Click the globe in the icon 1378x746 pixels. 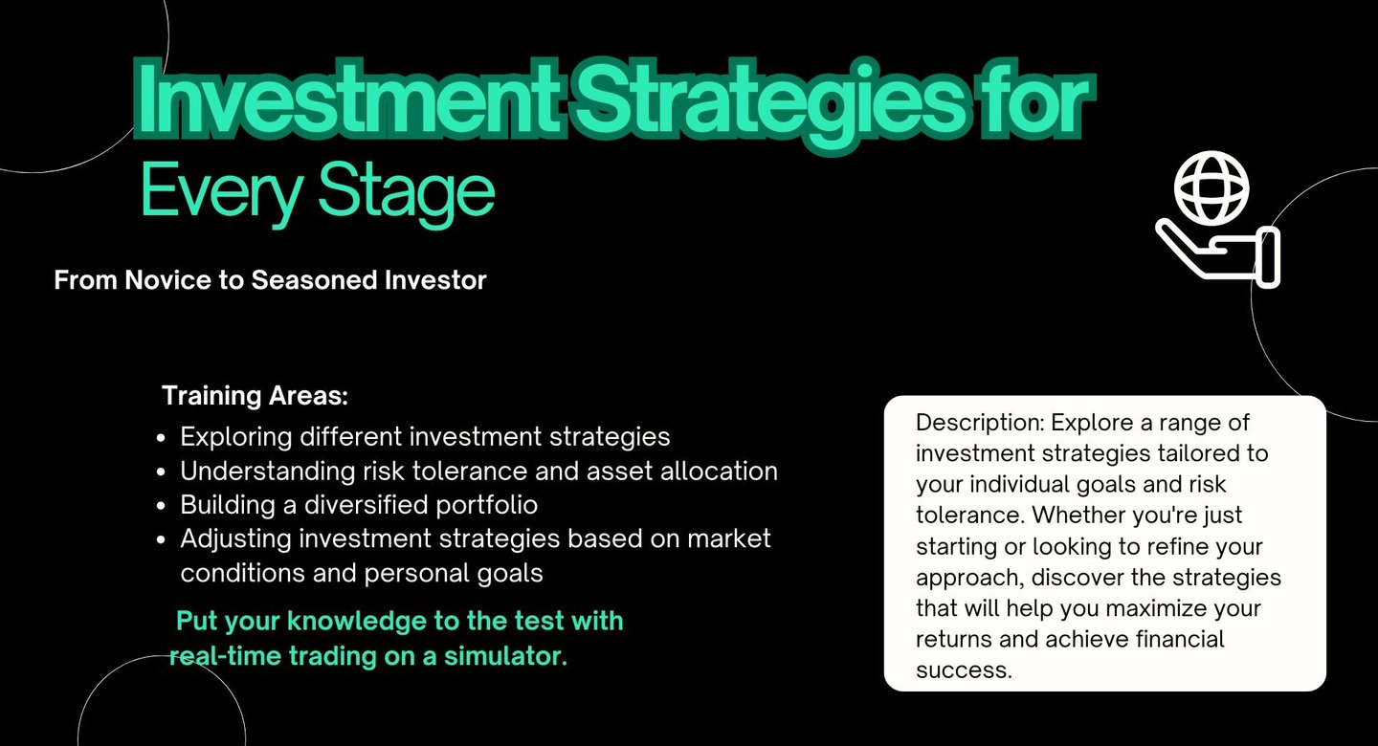pos(1211,188)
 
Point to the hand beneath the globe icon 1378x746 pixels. pos(1219,254)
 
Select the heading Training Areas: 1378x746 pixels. pos(256,395)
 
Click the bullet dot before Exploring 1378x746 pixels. pos(161,438)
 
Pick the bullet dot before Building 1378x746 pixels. pos(161,506)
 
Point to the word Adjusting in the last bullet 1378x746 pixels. pos(236,539)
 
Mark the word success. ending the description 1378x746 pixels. pos(964,669)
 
